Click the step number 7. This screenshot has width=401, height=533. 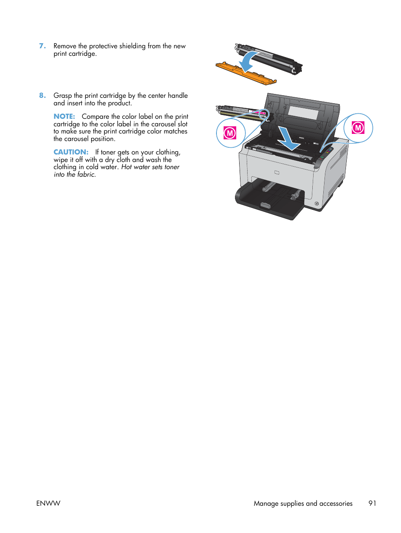click(42, 46)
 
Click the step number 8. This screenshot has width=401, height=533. click(42, 95)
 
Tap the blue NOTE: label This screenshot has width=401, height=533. click(64, 116)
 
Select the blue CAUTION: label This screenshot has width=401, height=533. click(71, 152)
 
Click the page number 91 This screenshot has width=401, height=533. click(372, 503)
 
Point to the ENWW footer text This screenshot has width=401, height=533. click(48, 503)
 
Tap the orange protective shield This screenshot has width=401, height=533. click(246, 73)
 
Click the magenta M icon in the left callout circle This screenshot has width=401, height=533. click(230, 133)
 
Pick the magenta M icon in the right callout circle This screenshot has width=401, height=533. click(358, 127)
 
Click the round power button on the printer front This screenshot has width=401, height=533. click(317, 204)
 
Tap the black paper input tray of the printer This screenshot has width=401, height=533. click(269, 201)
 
